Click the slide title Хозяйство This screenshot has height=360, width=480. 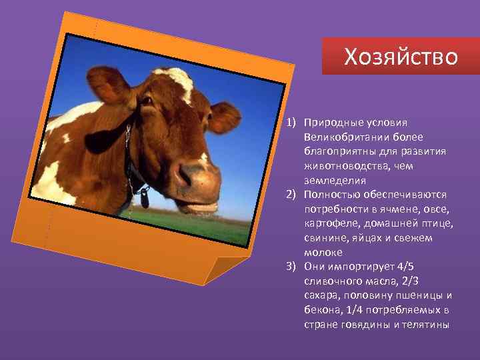point(401,57)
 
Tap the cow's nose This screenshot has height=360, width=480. point(194,175)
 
